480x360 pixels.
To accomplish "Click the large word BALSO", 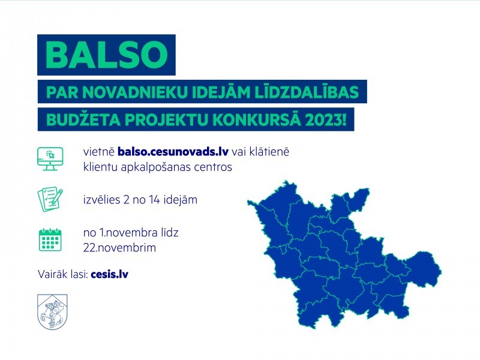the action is [107, 55].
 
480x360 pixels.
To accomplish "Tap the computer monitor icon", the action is [50, 158].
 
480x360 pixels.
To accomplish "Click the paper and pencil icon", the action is [50, 200].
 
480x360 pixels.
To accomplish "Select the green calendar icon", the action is [50, 239].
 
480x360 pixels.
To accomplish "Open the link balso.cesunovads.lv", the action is [173, 152].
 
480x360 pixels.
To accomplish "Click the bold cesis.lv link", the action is [110, 274].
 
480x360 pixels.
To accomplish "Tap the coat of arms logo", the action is [52, 311].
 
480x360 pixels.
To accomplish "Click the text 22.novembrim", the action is [119, 247].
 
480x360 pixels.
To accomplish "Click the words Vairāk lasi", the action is [62, 274].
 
